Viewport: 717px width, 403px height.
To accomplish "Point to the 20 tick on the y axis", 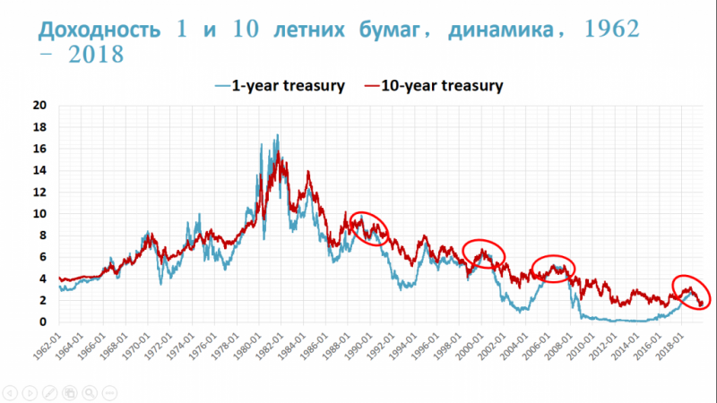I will click(40, 104).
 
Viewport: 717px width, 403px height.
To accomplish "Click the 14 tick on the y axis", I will click(40, 170).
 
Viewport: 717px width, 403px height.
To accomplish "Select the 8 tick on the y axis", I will click(43, 236).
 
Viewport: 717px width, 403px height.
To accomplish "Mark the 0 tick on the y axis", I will click(43, 322).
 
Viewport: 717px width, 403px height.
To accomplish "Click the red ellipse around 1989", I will click(370, 230).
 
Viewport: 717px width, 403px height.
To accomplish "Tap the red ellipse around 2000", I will click(484, 255).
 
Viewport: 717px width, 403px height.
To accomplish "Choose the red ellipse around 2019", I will click(691, 290).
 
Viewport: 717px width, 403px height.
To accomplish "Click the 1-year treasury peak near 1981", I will click(277, 136).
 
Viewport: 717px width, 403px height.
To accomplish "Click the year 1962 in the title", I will click(606, 28).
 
